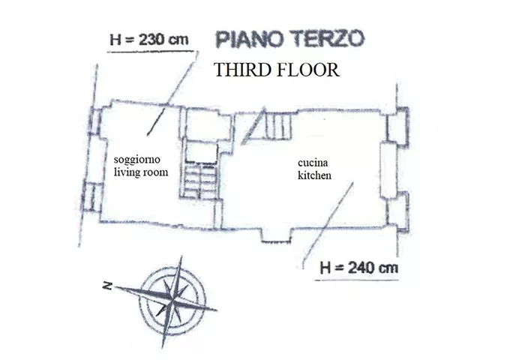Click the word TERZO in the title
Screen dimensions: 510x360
[x=328, y=39]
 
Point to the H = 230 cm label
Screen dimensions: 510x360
[x=149, y=40]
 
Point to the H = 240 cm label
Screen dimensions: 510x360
[x=358, y=268]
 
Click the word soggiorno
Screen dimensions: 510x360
[x=137, y=160]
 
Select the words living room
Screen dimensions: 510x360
[x=141, y=172]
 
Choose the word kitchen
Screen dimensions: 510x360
[x=314, y=175]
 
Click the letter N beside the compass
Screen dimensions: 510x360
[x=107, y=286]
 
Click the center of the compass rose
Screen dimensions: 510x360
[x=172, y=302]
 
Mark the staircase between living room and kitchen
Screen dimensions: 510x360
[x=199, y=181]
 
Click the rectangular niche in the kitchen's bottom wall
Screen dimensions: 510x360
[x=277, y=235]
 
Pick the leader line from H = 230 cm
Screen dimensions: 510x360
[x=172, y=93]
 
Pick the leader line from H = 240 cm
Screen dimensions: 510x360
[x=328, y=225]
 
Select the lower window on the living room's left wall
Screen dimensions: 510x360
[x=91, y=197]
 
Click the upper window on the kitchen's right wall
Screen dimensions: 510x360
[x=397, y=127]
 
